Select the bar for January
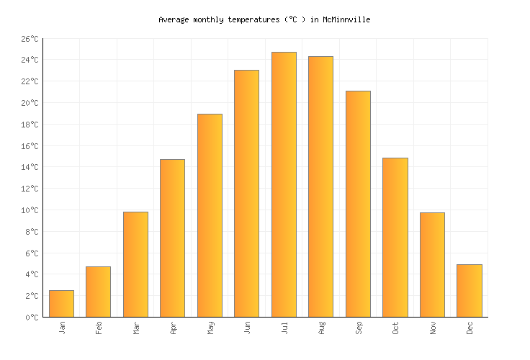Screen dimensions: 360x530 pos(61,303)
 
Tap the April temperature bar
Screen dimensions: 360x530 pos(172,238)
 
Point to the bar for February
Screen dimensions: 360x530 pos(98,292)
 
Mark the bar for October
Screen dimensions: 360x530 pos(395,237)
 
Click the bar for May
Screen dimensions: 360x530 pos(210,215)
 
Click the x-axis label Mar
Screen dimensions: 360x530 pos(136,328)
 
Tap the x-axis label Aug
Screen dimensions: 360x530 pos(321,328)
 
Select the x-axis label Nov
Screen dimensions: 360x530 pos(433,328)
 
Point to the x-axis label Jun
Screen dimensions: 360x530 pos(247,328)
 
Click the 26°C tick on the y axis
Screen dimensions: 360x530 pos(30,39)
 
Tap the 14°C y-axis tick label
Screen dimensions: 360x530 pos(30,167)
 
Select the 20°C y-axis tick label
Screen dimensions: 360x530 pos(30,103)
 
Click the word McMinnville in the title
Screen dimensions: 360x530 pos(346,20)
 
